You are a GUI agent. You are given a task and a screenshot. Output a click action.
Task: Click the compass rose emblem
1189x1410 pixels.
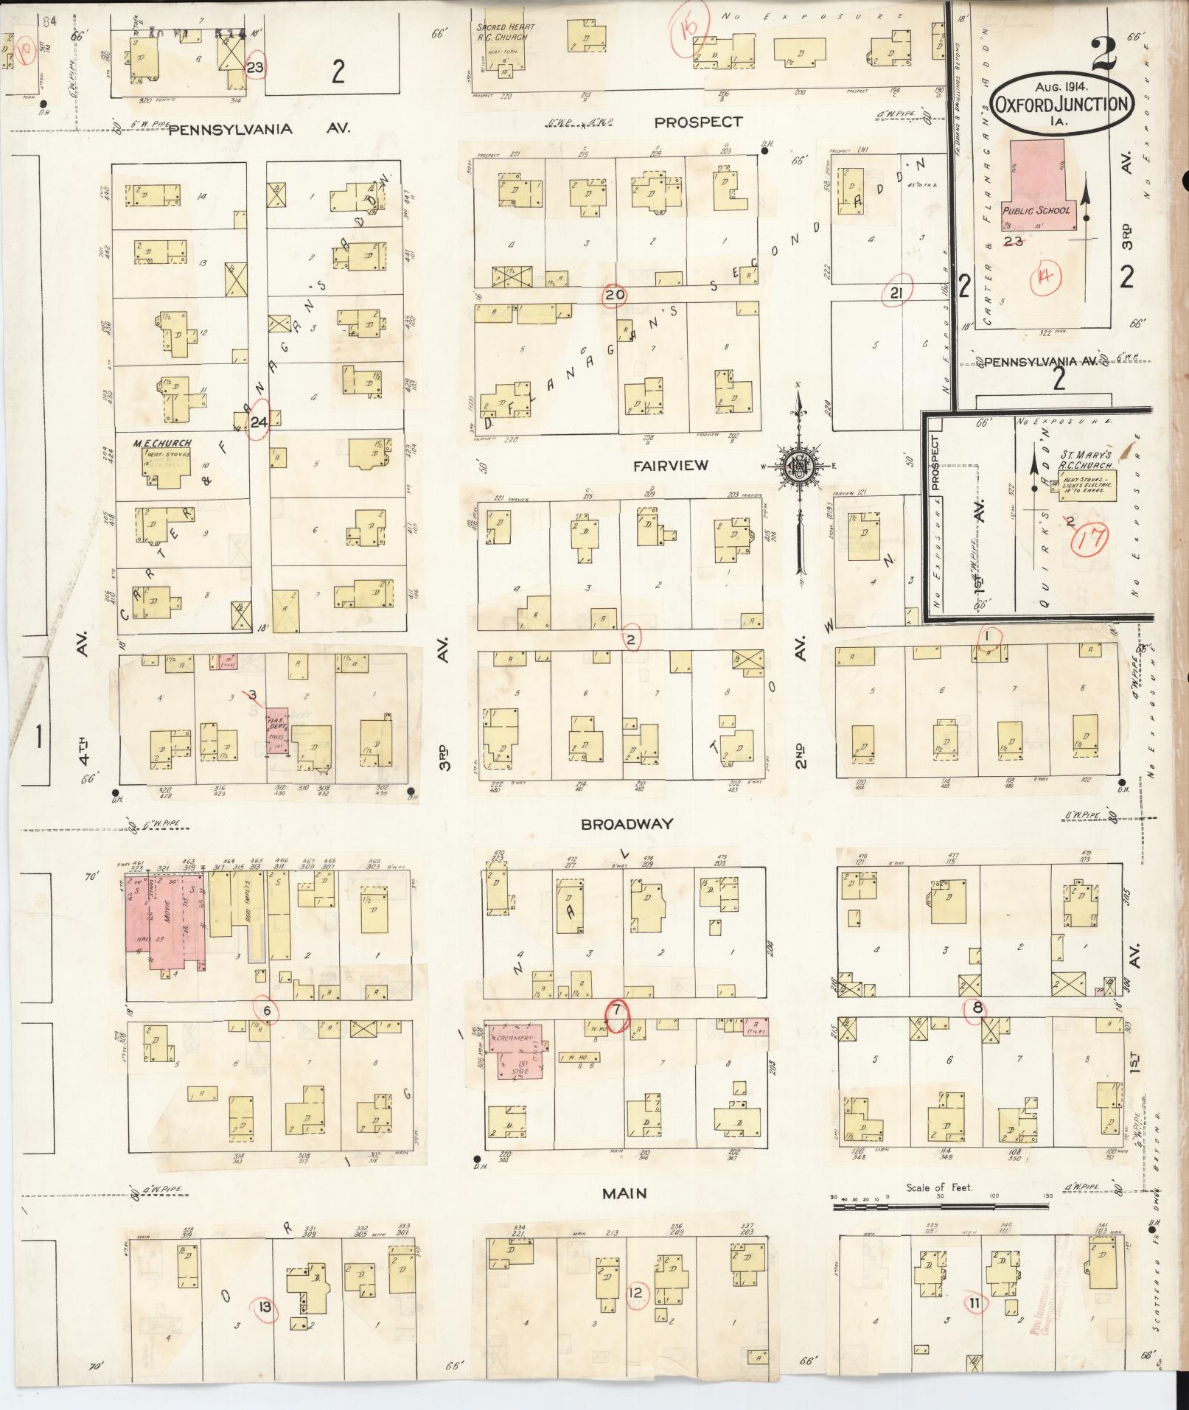tap(798, 466)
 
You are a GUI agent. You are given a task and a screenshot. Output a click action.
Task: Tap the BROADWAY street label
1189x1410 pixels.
tap(627, 823)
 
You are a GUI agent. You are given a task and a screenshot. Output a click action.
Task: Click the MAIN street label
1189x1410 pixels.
tap(624, 1193)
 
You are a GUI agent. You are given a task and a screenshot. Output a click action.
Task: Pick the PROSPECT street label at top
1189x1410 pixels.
tap(698, 122)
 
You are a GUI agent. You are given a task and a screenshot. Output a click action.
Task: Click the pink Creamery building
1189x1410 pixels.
tap(514, 1052)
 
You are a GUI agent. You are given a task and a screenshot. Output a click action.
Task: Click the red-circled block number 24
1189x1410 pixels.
tap(258, 422)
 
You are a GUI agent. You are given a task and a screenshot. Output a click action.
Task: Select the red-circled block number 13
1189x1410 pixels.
tap(265, 1308)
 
